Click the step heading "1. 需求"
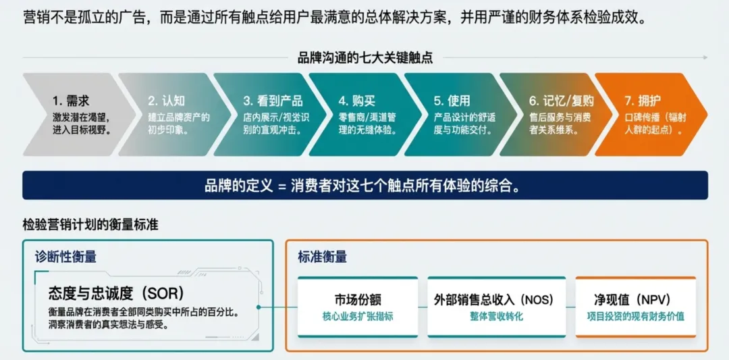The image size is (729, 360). click(71, 101)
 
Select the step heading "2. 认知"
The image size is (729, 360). click(166, 101)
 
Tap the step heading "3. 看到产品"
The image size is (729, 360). click(273, 101)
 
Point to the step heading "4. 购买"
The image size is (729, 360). click(356, 101)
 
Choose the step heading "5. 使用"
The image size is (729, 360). click(452, 101)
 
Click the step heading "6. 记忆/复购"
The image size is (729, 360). click(561, 101)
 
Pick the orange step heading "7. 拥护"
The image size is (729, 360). click(642, 101)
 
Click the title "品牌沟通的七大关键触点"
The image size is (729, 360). click(365, 57)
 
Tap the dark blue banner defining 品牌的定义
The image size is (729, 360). click(365, 185)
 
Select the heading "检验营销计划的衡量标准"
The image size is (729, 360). click(90, 225)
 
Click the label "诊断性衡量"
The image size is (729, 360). click(65, 257)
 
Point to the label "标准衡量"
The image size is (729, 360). click(323, 257)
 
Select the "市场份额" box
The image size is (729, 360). click(358, 307)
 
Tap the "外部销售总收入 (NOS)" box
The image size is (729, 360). click(497, 307)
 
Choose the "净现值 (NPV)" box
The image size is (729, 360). click(636, 307)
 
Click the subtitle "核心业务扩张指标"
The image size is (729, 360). click(358, 316)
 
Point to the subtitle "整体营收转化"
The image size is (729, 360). click(497, 316)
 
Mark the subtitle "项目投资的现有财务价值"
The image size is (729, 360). click(636, 316)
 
